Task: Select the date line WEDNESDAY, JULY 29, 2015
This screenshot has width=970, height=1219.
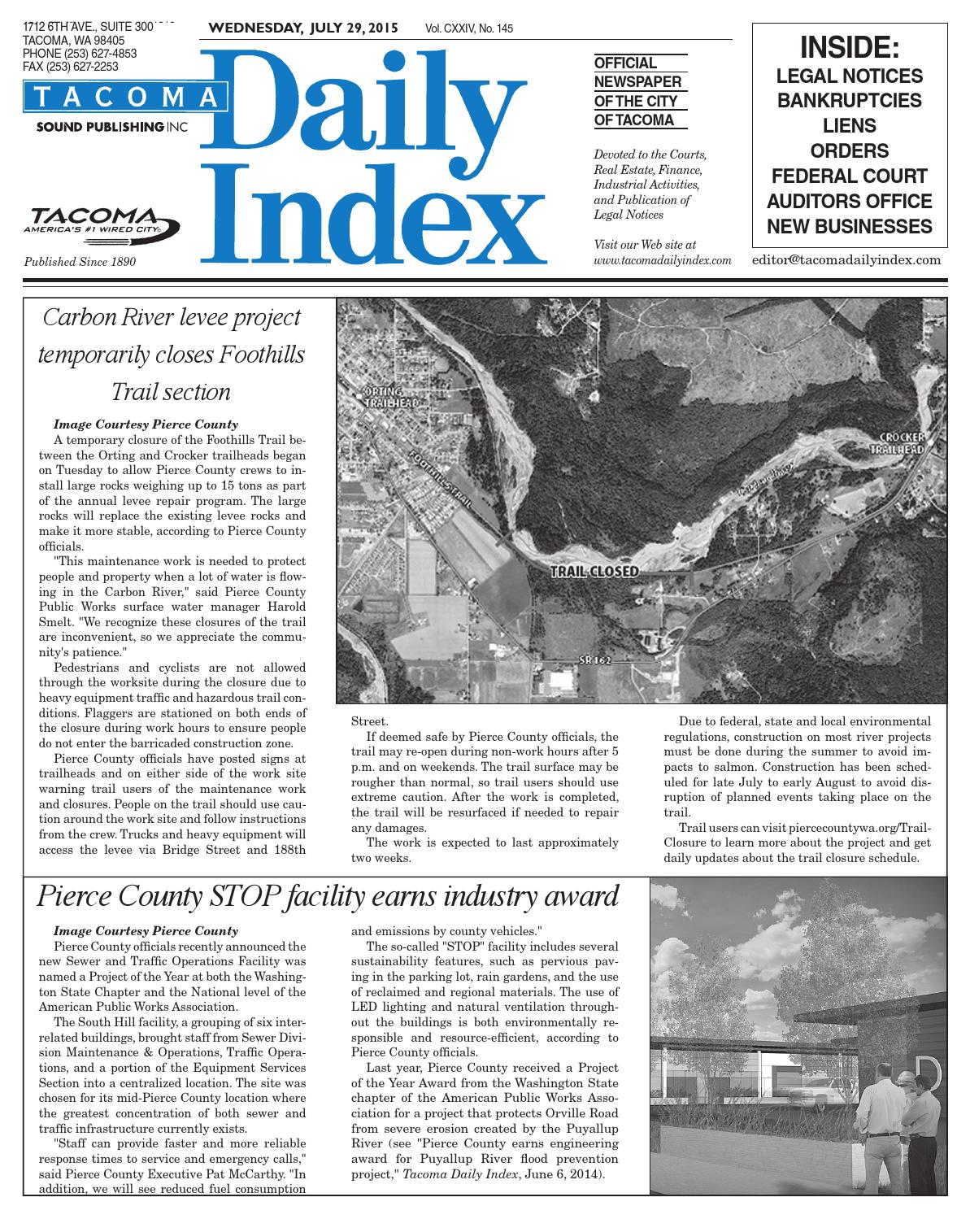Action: click(x=303, y=28)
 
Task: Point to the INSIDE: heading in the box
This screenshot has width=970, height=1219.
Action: click(x=850, y=48)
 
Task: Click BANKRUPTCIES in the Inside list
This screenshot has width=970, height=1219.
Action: click(x=850, y=101)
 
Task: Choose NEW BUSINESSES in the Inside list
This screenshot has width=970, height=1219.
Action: click(x=850, y=226)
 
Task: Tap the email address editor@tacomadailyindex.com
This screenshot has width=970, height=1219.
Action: click(x=846, y=260)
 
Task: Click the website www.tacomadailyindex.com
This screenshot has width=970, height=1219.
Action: click(x=663, y=260)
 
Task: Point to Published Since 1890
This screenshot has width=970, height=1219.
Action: click(x=80, y=262)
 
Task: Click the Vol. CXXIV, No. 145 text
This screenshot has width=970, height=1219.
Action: click(x=469, y=29)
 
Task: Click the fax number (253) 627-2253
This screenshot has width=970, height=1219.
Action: click(x=72, y=67)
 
